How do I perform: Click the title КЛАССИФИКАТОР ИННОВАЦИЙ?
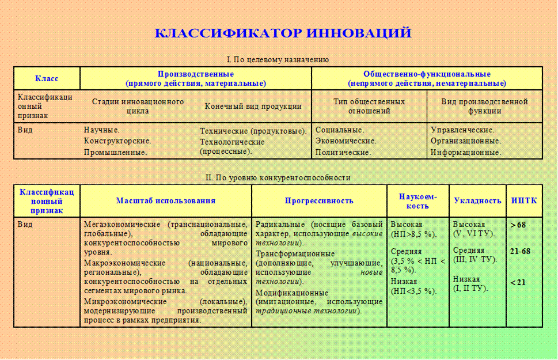pos(283,33)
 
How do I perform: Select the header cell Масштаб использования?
pos(166,201)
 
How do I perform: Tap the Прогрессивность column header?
pos(319,201)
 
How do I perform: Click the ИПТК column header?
pos(524,201)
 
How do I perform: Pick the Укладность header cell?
pos(477,201)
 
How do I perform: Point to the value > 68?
pos(518,225)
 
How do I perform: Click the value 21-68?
pos(520,251)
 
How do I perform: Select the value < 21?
pos(518,282)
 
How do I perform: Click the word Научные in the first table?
pos(101,130)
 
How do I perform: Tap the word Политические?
pos(343,153)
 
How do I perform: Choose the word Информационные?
pos(465,153)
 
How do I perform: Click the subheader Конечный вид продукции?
pos(253,107)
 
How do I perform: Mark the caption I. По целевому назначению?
pos(278,59)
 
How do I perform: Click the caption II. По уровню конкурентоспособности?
pos(278,177)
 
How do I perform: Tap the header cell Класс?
pos(47,78)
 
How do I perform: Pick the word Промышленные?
pos(115,153)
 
